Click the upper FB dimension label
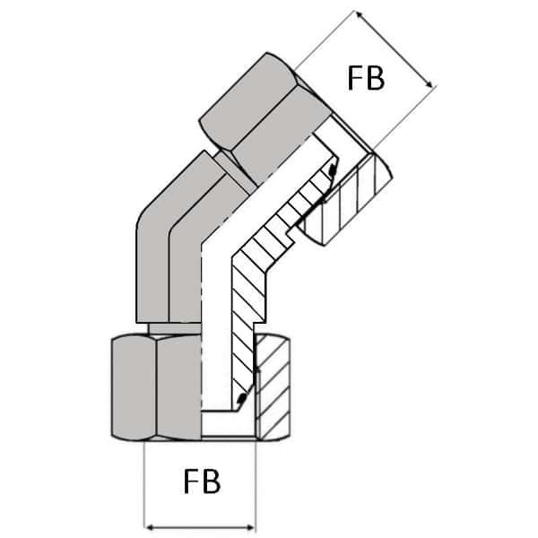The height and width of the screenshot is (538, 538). tap(365, 78)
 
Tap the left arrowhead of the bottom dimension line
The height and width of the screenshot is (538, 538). tap(151, 526)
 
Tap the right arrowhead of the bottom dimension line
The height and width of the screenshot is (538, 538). tap(250, 526)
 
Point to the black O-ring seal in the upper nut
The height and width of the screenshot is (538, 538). tap(333, 170)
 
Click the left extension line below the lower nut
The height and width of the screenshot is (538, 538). tap(145, 484)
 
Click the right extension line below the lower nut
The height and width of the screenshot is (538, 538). tap(256, 484)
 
